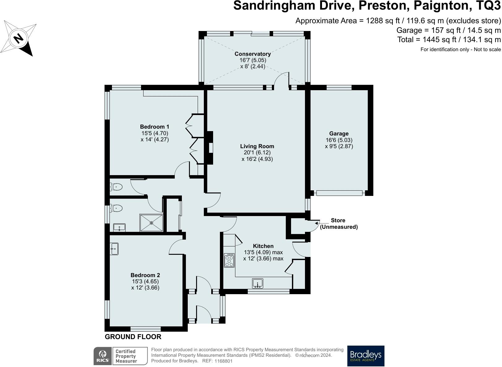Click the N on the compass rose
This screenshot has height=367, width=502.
[x=19, y=38]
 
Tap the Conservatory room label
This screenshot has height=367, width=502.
[x=253, y=54]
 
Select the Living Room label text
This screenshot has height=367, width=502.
[x=257, y=146]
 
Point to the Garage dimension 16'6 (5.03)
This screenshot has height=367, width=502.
[x=339, y=140]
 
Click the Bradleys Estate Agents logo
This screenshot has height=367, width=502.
[x=366, y=356]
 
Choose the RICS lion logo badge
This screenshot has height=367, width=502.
[x=103, y=356]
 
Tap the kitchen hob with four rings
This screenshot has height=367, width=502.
[x=229, y=260]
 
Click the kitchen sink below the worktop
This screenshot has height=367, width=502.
[x=258, y=283]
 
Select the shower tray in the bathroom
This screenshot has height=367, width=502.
[x=152, y=223]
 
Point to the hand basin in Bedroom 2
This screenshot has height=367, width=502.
[x=114, y=249]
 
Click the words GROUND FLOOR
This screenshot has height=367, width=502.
[x=133, y=337]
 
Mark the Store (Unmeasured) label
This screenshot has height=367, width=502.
[x=339, y=223]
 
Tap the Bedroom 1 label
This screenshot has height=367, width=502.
[x=155, y=127]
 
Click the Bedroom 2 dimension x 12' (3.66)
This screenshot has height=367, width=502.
[x=145, y=287]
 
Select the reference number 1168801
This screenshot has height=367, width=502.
[x=223, y=361]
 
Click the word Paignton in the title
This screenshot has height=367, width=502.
[x=441, y=6]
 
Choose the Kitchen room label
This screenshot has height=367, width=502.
[x=263, y=246]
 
